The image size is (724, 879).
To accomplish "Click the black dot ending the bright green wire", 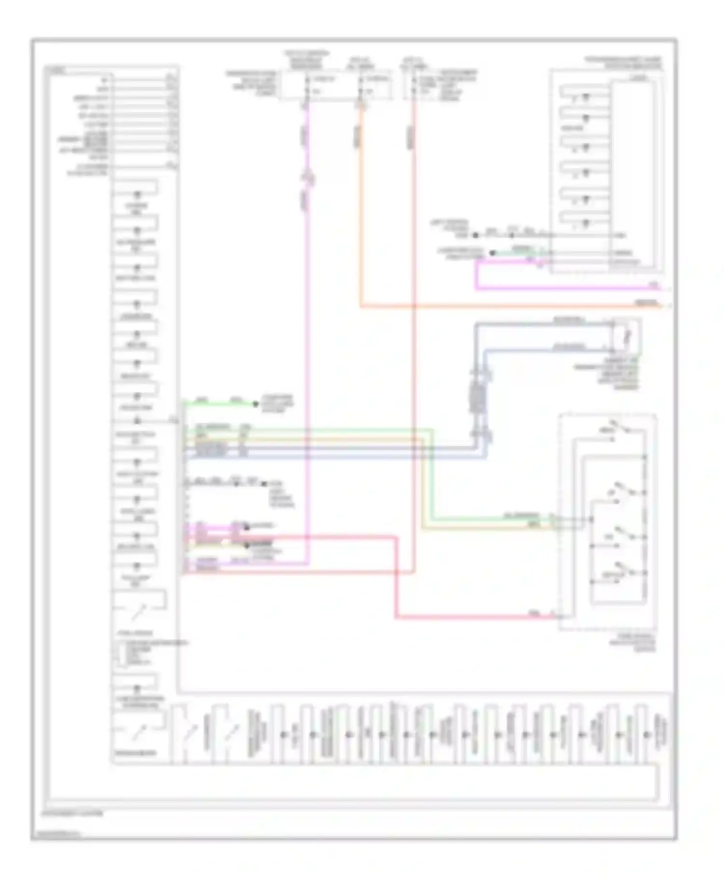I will tap(255, 404).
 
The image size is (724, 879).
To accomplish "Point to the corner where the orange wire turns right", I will tap(361, 306).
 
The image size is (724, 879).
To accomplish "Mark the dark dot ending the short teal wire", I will tap(492, 252).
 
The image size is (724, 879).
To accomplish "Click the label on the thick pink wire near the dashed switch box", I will tap(534, 613).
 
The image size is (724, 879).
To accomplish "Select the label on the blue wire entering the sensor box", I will tap(570, 346).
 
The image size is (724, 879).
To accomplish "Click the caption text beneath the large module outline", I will tap(72, 813).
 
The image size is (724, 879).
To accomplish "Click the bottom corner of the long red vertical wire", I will tap(414, 572).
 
